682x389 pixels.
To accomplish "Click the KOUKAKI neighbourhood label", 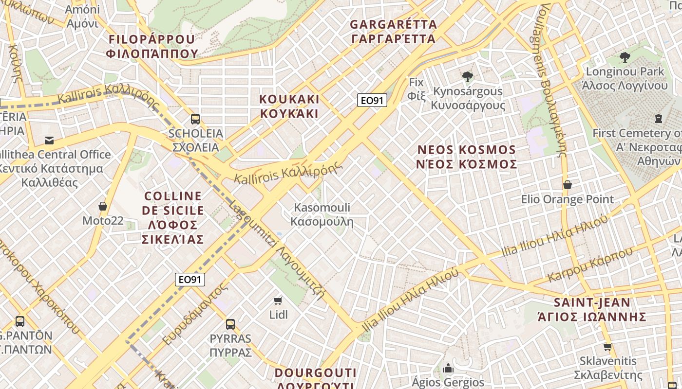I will (289, 106).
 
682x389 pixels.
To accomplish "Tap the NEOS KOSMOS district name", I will (466, 157).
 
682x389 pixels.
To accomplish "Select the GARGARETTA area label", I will (393, 31).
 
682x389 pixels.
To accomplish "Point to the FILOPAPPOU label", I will (152, 46).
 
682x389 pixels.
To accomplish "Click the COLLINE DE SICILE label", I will (173, 217).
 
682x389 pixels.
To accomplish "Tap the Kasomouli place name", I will (322, 214).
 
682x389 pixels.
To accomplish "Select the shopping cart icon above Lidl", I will (278, 301).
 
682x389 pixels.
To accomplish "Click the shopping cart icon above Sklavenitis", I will (607, 347).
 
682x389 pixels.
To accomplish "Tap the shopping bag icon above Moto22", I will (103, 206).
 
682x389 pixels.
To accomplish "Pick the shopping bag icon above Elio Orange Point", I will (567, 185).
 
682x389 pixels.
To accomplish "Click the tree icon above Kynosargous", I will (468, 76).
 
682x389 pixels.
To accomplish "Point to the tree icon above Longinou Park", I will (625, 57).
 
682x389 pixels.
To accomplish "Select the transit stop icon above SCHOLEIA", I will (195, 119).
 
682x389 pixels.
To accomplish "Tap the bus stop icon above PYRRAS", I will (230, 324).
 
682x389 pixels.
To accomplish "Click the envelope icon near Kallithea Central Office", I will (49, 141).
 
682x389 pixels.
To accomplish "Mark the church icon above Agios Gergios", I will (448, 368).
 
